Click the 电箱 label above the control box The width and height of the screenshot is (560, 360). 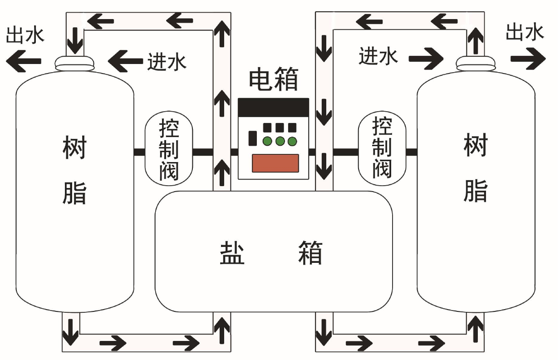click(273, 80)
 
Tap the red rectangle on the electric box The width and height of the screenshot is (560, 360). click(275, 163)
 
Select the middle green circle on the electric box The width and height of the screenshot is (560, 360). click(280, 141)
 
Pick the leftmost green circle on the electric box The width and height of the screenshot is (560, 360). click(267, 141)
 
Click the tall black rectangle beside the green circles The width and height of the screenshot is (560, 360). click(252, 138)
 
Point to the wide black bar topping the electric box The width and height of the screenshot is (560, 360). click(273, 107)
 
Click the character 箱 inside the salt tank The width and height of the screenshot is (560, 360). click(310, 252)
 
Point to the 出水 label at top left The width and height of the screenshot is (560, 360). click(25, 35)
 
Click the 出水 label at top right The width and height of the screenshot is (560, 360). click(525, 33)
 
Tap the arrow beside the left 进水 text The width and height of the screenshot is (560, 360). click(126, 60)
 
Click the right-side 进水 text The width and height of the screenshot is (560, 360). click(378, 57)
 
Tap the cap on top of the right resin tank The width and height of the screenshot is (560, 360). click(475, 63)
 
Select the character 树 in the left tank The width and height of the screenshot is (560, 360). click(74, 148)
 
